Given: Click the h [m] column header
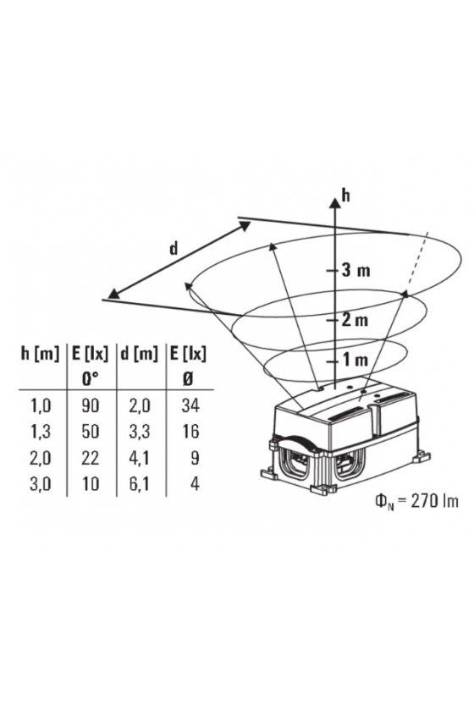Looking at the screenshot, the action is click(x=40, y=355).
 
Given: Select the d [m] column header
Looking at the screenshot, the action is click(x=139, y=355).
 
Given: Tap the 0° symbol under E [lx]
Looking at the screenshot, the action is click(x=91, y=378).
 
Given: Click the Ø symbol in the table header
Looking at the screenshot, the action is click(x=188, y=378).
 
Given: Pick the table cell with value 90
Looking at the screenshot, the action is click(x=91, y=405).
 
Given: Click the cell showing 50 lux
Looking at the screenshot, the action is click(x=91, y=431).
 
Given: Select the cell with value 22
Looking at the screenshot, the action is click(x=91, y=458).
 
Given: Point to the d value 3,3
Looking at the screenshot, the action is click(x=140, y=432).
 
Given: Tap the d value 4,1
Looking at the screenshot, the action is click(x=140, y=458).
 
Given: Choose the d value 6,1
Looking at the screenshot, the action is click(x=140, y=484).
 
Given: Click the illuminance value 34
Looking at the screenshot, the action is click(x=190, y=405).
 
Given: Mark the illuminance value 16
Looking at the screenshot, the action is click(x=190, y=431).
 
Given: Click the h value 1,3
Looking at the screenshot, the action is click(x=41, y=432).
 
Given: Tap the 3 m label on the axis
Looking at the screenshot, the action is click(x=355, y=270).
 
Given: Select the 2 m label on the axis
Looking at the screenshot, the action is click(x=355, y=320).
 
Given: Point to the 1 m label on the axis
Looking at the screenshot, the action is click(x=355, y=360).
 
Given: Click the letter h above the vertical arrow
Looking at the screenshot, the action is click(x=346, y=196).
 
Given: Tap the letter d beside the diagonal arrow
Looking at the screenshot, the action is click(x=174, y=249).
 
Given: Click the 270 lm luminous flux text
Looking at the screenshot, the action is click(x=434, y=501).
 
